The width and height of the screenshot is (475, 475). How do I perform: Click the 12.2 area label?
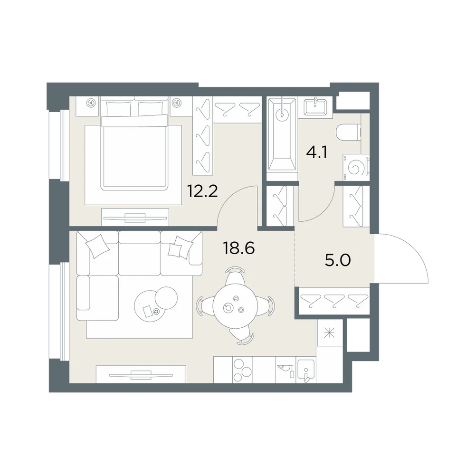click(x=202, y=191)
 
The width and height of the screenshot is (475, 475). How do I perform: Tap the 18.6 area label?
click(x=239, y=248)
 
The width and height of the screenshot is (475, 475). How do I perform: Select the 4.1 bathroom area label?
click(x=316, y=152)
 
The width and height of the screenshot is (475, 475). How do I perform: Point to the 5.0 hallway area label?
click(x=337, y=260)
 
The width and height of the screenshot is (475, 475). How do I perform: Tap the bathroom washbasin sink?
click(x=316, y=106)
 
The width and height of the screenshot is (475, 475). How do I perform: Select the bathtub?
click(x=282, y=134)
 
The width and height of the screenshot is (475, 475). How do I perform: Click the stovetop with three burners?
click(x=242, y=370)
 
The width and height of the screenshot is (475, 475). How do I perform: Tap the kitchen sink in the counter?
click(x=306, y=371)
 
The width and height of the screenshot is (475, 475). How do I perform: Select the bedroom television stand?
click(x=135, y=217)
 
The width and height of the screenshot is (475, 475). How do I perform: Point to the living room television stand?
click(x=141, y=374)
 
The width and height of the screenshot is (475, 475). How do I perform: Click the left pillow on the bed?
click(x=119, y=108)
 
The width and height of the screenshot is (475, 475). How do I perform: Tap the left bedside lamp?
click(x=90, y=103)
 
